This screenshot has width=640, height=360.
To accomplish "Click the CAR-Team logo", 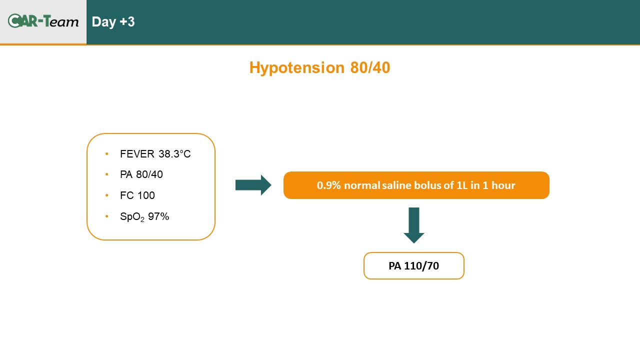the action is tap(43, 21).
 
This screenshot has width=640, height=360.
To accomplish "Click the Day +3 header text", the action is tap(113, 21).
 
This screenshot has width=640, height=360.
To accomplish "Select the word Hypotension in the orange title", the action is tap(297, 68).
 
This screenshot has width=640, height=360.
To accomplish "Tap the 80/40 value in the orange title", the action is tap(370, 67).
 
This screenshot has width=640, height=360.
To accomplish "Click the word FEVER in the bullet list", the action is tap(137, 154).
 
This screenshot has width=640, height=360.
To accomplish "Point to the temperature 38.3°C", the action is tap(174, 154).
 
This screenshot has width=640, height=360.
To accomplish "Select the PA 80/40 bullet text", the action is tap(141, 174).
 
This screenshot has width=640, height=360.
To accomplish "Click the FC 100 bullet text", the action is tap(137, 195).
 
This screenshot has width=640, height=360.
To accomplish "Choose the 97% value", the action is tap(158, 216).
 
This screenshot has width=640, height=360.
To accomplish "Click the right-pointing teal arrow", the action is tap(253, 185).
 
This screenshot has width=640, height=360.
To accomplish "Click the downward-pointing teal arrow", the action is tap(413, 225).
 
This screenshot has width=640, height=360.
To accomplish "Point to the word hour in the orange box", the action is tap(503, 185).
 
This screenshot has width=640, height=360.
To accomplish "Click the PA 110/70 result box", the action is tap(413, 265).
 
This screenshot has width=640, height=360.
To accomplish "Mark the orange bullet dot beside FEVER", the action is tap(107, 153).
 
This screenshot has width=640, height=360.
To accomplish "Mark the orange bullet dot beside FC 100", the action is tap(107, 195).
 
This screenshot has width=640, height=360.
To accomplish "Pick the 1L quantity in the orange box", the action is tap(462, 185).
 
